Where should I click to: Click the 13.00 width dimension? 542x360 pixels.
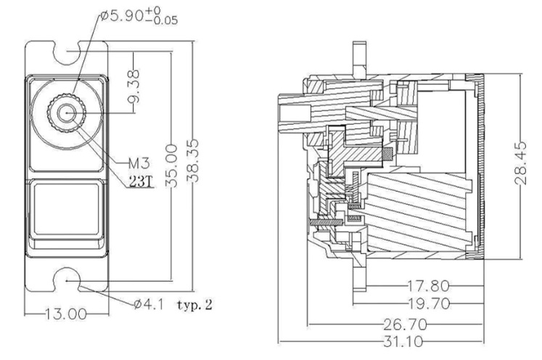coord(66,314)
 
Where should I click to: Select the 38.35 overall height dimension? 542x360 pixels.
coord(194,160)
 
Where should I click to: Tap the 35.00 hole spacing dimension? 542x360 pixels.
coord(172,166)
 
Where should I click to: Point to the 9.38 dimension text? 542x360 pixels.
coord(134,86)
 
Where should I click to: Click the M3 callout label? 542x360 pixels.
coord(139,163)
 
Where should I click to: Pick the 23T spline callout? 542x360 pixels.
coord(141,181)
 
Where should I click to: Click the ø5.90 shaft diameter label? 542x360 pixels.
coord(139,16)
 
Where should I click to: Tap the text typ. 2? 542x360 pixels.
coord(195,305)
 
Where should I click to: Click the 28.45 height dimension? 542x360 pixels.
coord(520,163)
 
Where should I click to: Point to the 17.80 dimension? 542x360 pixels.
coord(429,286)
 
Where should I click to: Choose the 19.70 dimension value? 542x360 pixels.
coord(430,303)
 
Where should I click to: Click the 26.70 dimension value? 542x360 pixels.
coord(405,324)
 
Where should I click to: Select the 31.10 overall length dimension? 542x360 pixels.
coord(403,342)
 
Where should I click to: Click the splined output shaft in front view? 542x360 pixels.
coord(66,112)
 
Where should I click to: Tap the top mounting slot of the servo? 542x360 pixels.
coord(67,52)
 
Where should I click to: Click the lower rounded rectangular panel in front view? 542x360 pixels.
coord(66,208)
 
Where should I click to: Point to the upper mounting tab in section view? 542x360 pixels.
coord(359,58)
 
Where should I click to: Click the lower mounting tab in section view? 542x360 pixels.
coord(359,275)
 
